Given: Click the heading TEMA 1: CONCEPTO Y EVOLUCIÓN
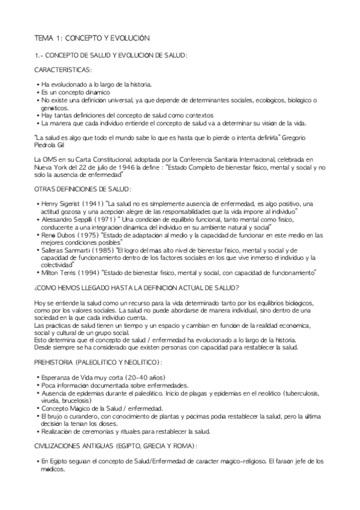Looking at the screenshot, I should pyautogui.click(x=92, y=38).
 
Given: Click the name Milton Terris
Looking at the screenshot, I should pyautogui.click(x=58, y=272).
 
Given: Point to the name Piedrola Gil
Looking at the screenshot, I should pyautogui.click(x=51, y=144).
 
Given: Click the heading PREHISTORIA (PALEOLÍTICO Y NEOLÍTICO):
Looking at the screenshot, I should pyautogui.click(x=97, y=361).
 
